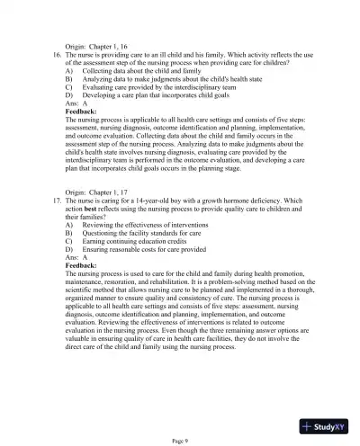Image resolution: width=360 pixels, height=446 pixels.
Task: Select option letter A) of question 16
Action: pos(70,70)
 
